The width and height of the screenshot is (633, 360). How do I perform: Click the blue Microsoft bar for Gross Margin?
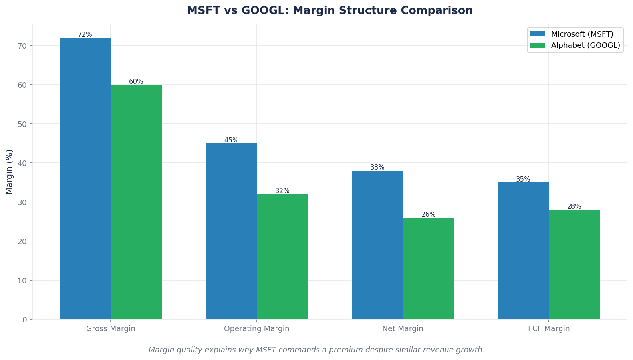pos(85,178)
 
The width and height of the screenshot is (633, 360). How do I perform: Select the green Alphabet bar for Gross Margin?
pos(136,202)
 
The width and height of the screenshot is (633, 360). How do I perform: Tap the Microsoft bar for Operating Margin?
pos(231,231)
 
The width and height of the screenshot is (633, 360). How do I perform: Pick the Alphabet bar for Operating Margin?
pos(282,257)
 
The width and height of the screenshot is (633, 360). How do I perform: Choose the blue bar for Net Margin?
pos(377,245)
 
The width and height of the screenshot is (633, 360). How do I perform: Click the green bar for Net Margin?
pos(429,268)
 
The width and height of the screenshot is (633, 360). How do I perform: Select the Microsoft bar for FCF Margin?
pos(523,251)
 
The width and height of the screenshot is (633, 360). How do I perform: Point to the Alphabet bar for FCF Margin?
pos(574,265)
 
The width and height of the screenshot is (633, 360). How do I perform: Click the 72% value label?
pos(85,35)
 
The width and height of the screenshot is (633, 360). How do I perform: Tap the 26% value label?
pos(429,215)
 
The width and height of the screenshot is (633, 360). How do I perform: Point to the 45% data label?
pos(231,140)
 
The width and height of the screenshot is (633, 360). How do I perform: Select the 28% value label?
pos(574,207)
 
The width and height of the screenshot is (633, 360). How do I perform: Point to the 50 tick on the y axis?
pos(22,124)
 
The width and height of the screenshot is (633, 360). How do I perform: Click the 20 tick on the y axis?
pos(22,241)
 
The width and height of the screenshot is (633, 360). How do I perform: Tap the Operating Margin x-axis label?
pos(257,329)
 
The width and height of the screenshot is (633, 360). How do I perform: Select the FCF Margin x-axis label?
pos(549,329)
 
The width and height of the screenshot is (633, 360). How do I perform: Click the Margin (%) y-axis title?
pos(10,172)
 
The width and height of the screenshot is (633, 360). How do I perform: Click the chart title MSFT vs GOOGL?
pos(330,11)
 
